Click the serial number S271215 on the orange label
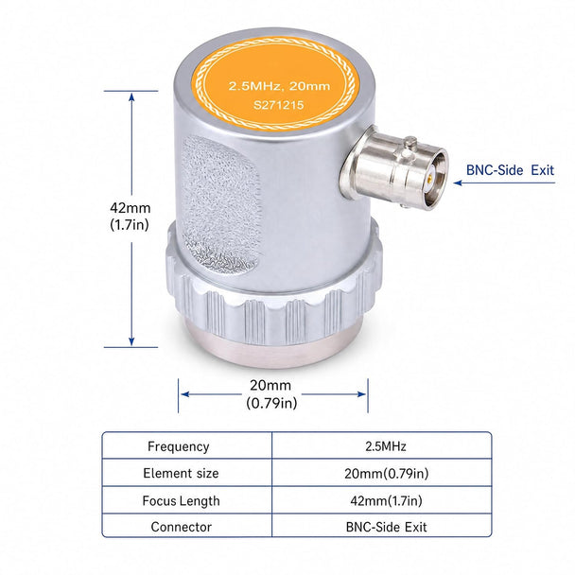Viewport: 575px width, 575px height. tap(279, 105)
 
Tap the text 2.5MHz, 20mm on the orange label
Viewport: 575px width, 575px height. tap(279, 86)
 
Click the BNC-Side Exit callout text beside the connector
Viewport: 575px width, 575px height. tap(510, 170)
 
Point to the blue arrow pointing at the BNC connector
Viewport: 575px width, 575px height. tap(504, 183)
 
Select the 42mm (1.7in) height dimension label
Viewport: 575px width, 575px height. tap(130, 216)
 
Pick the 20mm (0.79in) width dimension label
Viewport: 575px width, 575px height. tap(271, 394)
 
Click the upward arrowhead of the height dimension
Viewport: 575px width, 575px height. tap(131, 96)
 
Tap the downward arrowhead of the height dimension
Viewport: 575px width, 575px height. tap(131, 341)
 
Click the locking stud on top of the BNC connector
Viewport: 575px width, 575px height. tap(411, 142)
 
